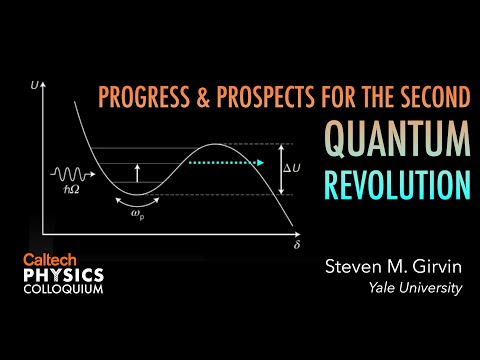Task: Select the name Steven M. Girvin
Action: click(393, 267)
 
